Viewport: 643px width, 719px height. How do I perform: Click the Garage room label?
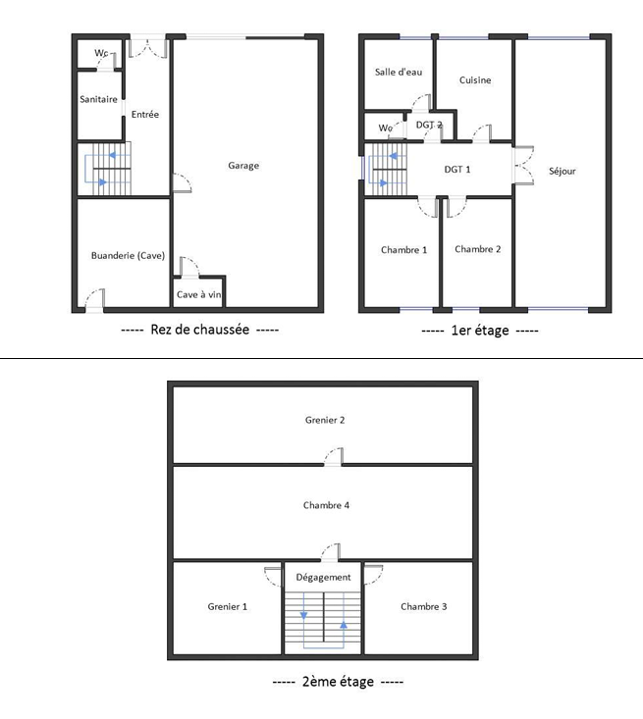(243, 166)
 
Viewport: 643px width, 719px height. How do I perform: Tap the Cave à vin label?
(198, 294)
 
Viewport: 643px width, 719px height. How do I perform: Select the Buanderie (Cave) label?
(128, 256)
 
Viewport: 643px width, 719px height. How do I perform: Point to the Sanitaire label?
(98, 99)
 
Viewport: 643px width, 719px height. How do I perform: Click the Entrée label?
(145, 115)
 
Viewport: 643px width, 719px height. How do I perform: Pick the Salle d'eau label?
(398, 73)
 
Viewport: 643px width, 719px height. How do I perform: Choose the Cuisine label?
(475, 80)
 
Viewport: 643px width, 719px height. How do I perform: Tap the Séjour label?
(563, 171)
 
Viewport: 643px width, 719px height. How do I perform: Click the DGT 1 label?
(457, 170)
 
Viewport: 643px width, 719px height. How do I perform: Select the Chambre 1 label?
(403, 249)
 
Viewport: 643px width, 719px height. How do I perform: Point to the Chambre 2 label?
(478, 249)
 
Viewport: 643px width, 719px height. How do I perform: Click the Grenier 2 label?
(325, 420)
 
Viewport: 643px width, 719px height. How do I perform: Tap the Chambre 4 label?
(326, 505)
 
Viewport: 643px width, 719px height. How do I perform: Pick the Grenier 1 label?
(228, 606)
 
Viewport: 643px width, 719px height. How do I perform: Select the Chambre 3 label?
(424, 606)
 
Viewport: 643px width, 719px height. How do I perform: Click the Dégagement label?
(323, 578)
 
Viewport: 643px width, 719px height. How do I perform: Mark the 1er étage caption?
(479, 331)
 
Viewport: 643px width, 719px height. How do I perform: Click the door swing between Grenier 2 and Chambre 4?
(334, 455)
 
